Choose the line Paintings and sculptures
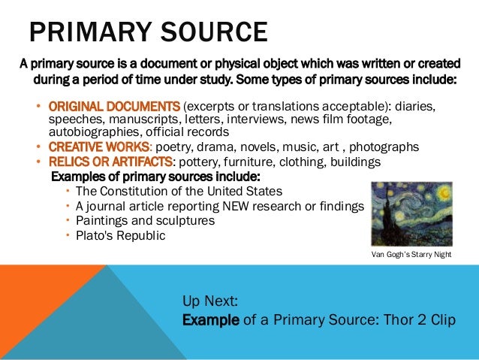point(146,221)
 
